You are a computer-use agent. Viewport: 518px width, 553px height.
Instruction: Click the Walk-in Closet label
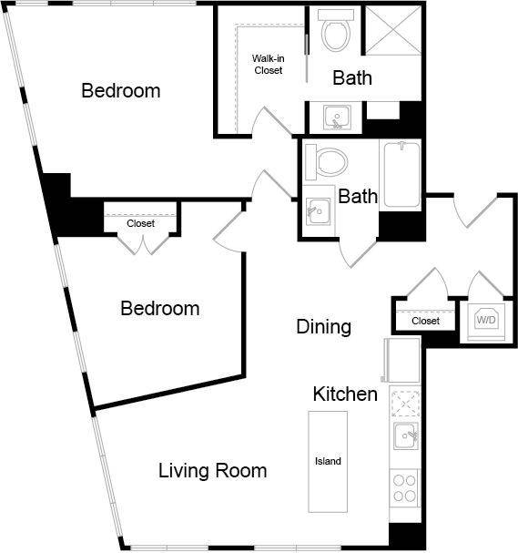click(268, 65)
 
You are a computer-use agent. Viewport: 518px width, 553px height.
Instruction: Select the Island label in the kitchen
click(328, 461)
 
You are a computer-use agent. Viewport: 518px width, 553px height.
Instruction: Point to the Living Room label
click(212, 471)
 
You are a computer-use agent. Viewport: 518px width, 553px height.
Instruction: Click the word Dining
click(323, 327)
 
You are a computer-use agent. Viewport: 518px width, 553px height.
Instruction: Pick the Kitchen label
click(345, 394)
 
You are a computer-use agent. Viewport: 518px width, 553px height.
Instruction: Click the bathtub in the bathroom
click(400, 174)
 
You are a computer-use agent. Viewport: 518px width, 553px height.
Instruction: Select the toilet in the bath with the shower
click(335, 33)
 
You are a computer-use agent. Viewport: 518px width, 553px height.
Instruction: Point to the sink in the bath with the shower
click(336, 117)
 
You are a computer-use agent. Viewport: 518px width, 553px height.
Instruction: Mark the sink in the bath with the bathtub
click(317, 210)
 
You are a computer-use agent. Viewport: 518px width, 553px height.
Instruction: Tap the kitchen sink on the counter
click(405, 436)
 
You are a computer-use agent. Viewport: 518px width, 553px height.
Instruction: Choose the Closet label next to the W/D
click(425, 322)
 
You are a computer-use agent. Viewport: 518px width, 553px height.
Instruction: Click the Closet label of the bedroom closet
click(140, 223)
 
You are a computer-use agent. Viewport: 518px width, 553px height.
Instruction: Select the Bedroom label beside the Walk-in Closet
click(120, 91)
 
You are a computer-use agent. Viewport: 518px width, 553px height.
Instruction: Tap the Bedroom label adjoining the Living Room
click(159, 309)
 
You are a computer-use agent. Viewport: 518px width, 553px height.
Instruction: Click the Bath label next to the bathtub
click(358, 196)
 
